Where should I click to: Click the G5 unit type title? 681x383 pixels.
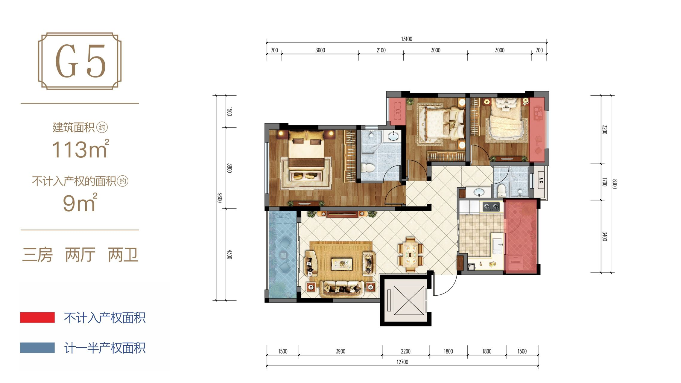point(80,61)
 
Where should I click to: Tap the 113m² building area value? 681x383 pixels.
point(80,149)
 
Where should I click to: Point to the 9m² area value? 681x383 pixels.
point(80,202)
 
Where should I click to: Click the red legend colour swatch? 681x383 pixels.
point(37,317)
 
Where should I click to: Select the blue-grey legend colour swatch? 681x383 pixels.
point(37,348)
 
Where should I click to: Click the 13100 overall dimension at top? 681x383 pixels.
point(407,39)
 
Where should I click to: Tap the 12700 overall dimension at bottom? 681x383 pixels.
point(402,362)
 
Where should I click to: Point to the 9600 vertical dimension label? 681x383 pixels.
point(220,198)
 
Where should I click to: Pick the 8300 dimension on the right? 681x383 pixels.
point(615,184)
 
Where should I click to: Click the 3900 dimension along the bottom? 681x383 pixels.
point(340,351)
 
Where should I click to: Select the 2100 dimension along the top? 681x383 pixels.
point(381,50)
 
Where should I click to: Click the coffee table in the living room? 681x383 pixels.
point(342,264)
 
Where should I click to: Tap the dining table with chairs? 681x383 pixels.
point(410,254)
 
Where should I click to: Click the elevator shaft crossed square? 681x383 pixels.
point(409,300)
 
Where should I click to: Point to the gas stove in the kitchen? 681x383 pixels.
point(492,206)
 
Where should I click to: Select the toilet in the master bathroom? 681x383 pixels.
point(368,167)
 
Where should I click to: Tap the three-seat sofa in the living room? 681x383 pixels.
point(342,288)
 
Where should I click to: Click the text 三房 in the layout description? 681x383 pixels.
point(37,255)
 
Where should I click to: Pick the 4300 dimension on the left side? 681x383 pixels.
point(229,254)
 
